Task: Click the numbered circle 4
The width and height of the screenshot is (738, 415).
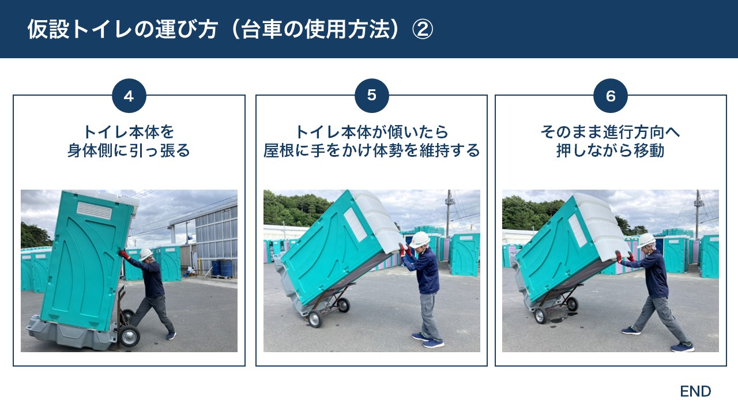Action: point(129,96)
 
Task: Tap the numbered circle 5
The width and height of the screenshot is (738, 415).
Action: point(371,95)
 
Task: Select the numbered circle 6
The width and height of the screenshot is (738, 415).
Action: point(611,96)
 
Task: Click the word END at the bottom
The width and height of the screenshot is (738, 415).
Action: point(695,391)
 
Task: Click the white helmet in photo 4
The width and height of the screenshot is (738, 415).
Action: point(146,254)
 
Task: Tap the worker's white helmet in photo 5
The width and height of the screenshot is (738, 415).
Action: point(419,239)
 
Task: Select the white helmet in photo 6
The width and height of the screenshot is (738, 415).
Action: point(646,240)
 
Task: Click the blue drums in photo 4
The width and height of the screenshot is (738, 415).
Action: point(222,268)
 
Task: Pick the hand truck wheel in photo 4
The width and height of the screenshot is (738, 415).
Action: point(129,336)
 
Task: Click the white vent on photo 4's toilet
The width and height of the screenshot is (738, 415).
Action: point(95,210)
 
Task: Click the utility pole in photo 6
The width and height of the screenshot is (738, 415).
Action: point(698,213)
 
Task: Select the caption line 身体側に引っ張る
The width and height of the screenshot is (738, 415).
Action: point(129,151)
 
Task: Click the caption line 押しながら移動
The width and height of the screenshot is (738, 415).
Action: point(611,151)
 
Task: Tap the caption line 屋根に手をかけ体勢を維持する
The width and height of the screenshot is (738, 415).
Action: point(371,151)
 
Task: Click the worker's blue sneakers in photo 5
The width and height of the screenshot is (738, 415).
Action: point(427,341)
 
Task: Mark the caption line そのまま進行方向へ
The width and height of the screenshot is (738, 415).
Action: point(611,132)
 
